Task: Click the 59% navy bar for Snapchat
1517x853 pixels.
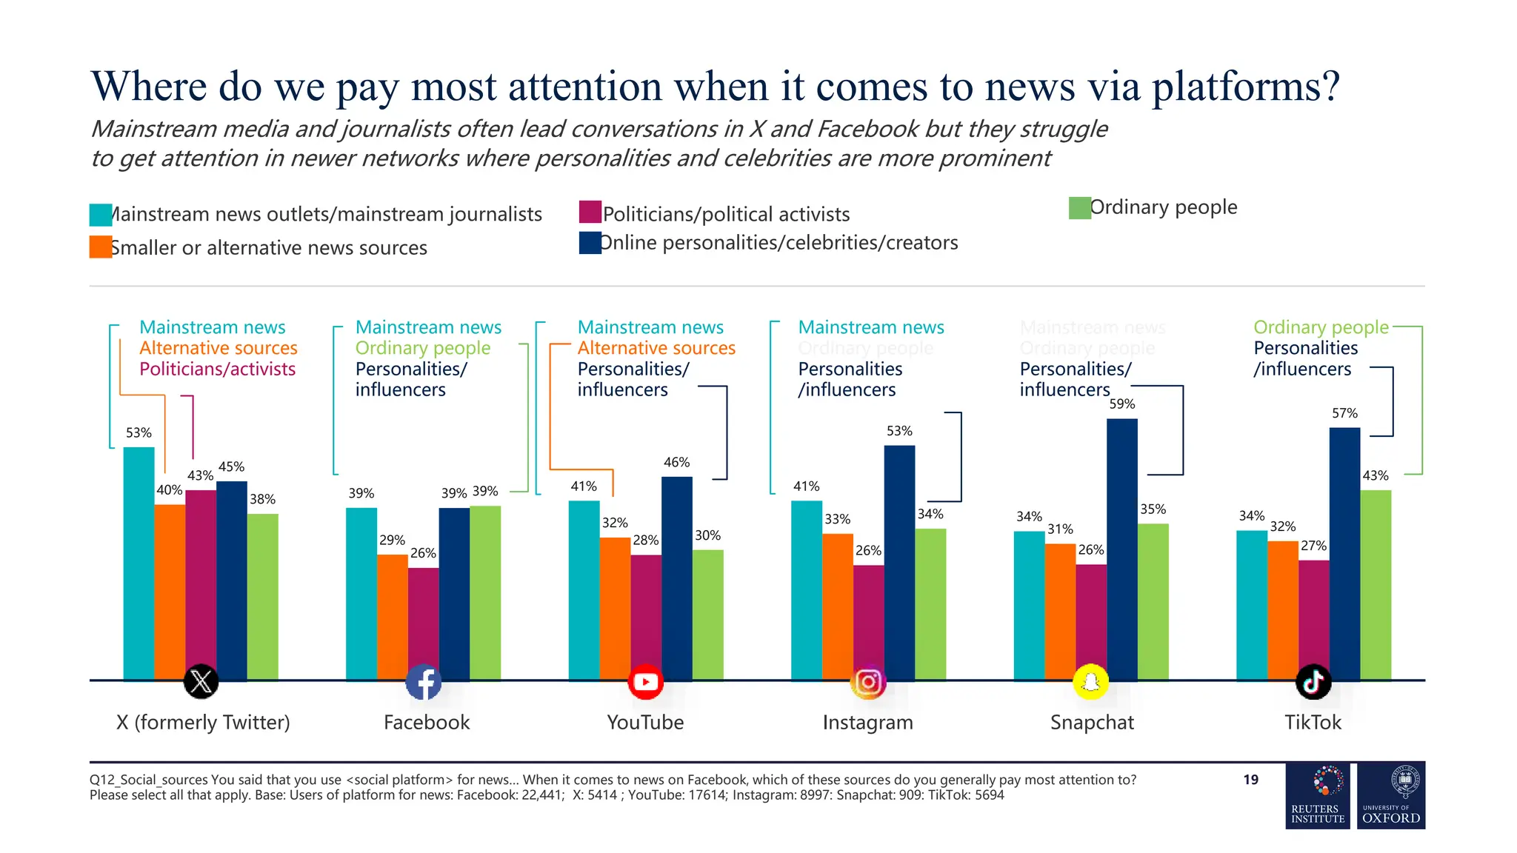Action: (1121, 548)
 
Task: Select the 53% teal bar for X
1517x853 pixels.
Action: (139, 563)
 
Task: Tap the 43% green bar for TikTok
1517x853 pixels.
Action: (1376, 585)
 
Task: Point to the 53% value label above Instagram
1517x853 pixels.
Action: (899, 431)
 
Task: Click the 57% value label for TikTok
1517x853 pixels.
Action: (1344, 413)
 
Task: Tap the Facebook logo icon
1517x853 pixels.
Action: (424, 682)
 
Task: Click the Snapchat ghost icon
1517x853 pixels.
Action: (1090, 682)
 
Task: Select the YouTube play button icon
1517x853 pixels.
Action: (645, 682)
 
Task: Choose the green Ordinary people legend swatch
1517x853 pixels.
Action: (1079, 208)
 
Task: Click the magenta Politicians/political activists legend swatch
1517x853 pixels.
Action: (590, 212)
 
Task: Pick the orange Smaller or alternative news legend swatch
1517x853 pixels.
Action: (100, 247)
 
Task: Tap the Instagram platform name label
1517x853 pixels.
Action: (867, 722)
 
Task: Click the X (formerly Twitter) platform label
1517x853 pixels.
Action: (203, 722)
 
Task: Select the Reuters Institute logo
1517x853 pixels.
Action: (1318, 795)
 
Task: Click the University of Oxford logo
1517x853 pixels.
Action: (1391, 795)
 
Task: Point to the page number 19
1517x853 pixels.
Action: (1250, 780)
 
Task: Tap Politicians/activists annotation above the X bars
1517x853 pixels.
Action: (217, 369)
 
